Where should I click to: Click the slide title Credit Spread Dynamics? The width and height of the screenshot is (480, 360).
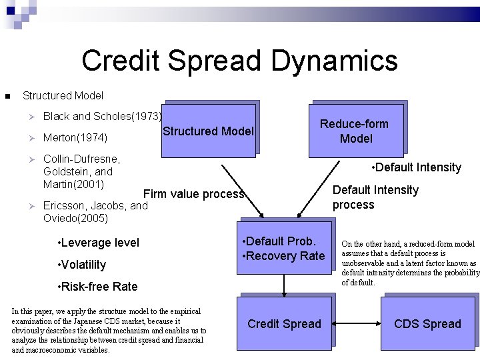239,61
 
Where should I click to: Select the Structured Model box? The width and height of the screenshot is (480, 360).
209,131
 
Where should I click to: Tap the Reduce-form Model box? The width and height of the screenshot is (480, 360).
356,131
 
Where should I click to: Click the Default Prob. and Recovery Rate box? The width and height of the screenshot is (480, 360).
285,249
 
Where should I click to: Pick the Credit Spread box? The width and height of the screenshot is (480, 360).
284,324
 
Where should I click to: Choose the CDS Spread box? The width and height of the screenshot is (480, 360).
427,324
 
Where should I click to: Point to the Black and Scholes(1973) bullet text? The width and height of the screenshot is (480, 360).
102,116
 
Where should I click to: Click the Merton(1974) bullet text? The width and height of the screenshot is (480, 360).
75,138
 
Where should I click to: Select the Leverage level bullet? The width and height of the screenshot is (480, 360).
99,243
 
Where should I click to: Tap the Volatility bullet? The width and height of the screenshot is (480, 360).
82,265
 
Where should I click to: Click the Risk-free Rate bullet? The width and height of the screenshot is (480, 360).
98,287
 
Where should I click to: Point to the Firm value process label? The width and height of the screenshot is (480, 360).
194,194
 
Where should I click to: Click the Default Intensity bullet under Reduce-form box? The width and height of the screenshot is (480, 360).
416,167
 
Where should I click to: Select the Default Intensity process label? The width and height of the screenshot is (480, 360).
375,197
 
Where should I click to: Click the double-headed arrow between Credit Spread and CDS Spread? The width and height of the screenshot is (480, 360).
356,324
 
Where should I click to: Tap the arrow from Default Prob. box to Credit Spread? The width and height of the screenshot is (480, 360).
285,285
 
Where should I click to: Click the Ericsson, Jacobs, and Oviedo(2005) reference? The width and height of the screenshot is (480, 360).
95,212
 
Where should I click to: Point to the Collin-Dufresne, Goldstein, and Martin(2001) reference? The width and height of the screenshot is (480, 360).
81,171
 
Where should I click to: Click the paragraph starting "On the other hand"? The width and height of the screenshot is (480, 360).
409,263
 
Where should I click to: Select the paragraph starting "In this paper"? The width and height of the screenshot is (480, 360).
109,331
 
